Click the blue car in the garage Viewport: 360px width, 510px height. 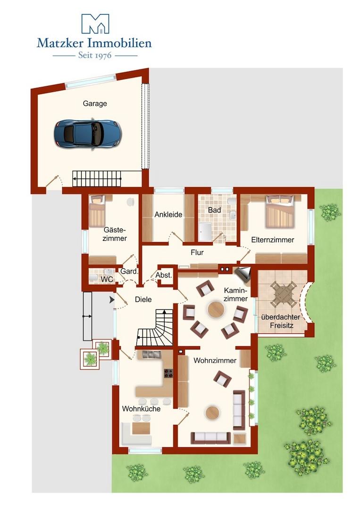[x=88, y=134]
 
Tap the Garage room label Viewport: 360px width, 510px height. [x=94, y=103]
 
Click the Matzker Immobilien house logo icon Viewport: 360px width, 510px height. [x=95, y=24]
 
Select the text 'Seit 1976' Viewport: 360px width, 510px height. [x=95, y=55]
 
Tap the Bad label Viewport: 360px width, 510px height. [x=214, y=210]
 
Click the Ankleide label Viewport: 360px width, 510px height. [x=168, y=215]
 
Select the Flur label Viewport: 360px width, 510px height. [x=197, y=252]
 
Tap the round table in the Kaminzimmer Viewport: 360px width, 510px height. [x=216, y=310]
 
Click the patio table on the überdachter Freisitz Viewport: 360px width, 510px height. [x=284, y=294]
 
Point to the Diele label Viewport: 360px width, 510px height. [x=143, y=299]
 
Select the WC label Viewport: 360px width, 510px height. [x=107, y=280]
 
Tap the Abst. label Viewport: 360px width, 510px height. [x=163, y=275]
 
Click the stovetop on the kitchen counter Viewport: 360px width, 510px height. [x=168, y=374]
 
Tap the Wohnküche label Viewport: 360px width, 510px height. [x=142, y=409]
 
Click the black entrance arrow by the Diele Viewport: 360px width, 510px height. [x=112, y=300]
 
